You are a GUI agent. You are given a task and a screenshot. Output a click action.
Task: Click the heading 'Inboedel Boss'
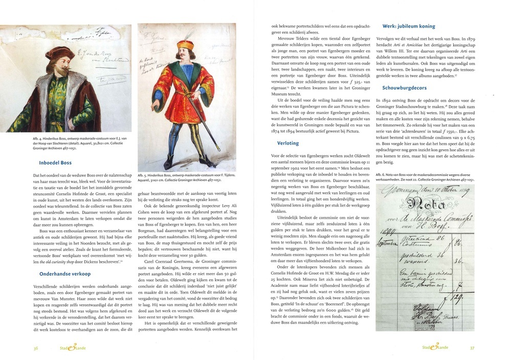coord(56,163)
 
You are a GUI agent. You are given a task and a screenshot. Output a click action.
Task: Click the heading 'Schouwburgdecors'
coord(405,87)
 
